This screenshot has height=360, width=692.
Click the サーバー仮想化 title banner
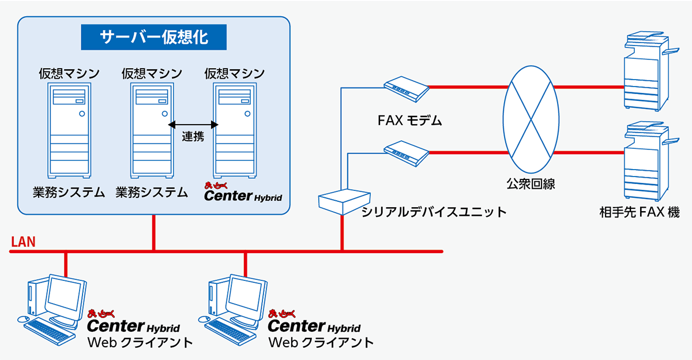[153, 37]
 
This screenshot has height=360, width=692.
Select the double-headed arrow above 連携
[193, 125]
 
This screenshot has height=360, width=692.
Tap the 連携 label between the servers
[193, 136]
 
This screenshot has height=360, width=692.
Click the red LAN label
[23, 242]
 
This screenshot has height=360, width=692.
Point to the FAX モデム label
[409, 120]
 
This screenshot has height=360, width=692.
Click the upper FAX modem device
[406, 89]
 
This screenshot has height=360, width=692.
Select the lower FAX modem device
[406, 153]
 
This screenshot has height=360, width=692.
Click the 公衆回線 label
[531, 184]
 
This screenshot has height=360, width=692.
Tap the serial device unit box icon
[344, 202]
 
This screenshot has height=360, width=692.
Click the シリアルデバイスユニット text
[434, 212]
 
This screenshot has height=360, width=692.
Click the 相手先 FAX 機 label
[640, 212]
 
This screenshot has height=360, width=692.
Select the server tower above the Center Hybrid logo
[235, 130]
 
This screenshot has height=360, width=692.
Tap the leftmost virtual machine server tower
[69, 130]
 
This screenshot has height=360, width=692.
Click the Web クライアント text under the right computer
[321, 343]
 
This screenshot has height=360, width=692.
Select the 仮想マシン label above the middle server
[152, 73]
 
